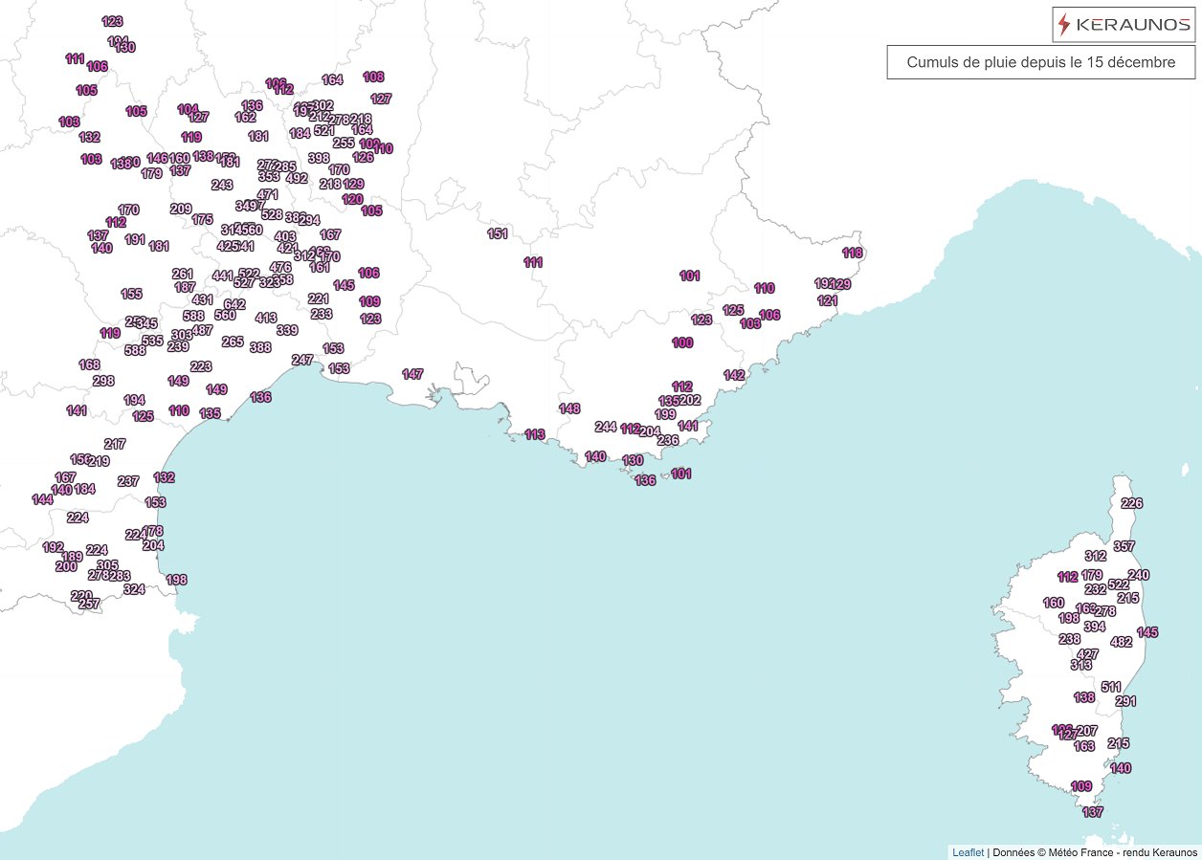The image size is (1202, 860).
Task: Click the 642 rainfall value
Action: (234, 304)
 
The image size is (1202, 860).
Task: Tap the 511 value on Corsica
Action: (1111, 687)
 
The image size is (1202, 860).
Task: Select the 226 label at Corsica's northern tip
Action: (1131, 503)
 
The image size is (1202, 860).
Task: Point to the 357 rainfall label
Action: (1124, 546)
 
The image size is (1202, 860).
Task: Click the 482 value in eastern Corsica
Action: (1121, 642)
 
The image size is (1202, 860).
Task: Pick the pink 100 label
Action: (682, 342)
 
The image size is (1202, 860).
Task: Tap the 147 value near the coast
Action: (412, 374)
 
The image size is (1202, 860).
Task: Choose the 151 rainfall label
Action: (498, 233)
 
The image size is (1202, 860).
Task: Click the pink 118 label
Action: (853, 253)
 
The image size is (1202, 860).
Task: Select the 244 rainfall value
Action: (605, 427)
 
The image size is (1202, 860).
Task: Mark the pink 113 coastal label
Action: (535, 434)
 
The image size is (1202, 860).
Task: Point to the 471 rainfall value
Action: (268, 194)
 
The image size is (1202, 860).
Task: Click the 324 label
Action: (134, 589)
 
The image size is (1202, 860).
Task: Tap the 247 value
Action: (302, 360)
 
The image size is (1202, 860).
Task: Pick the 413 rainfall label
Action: (266, 318)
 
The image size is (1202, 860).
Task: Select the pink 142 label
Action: (734, 375)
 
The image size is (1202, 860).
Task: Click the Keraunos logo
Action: (1124, 25)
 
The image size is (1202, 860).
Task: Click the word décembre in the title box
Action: (1146, 62)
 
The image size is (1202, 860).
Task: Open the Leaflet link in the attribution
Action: (968, 852)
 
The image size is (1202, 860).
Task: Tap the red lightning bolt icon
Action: (1065, 25)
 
